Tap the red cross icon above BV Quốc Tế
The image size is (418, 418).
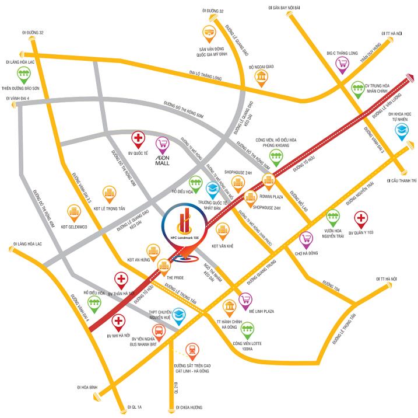pyautogui.click(x=138, y=139)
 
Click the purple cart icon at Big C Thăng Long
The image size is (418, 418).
pyautogui.click(x=342, y=63)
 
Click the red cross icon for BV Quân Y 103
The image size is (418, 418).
pyautogui.click(x=361, y=220)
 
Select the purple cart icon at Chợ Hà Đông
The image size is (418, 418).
pyautogui.click(x=305, y=238)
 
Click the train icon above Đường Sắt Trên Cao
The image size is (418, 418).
pyautogui.click(x=191, y=350)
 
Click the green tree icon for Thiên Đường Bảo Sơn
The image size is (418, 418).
pyautogui.click(x=24, y=74)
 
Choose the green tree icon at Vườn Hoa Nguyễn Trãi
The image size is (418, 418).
pyautogui.click(x=332, y=217)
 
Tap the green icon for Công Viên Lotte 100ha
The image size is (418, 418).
pyautogui.click(x=248, y=330)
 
